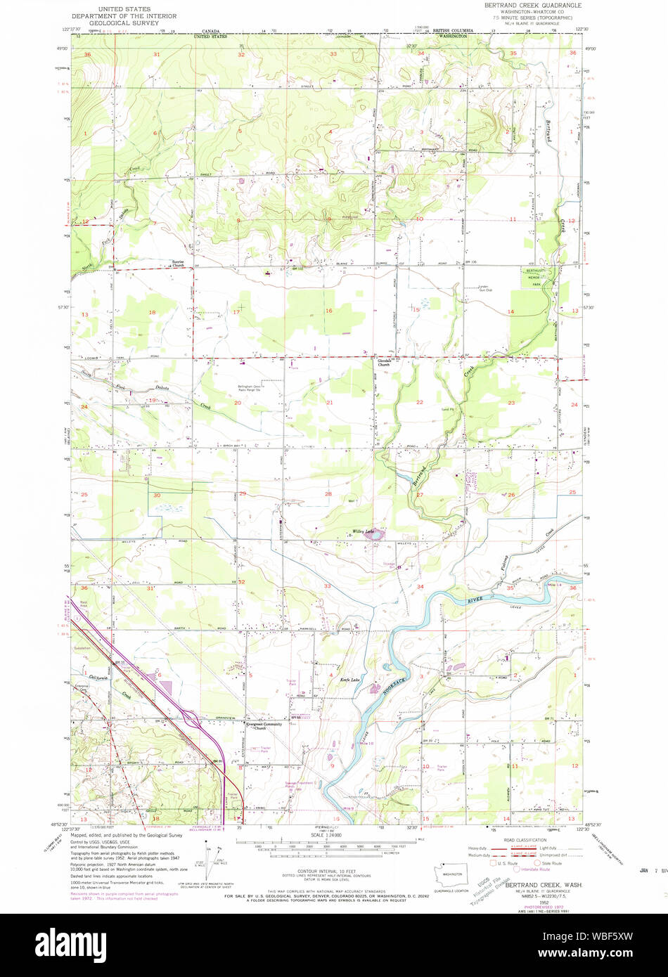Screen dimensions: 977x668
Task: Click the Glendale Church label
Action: pyautogui.click(x=383, y=363)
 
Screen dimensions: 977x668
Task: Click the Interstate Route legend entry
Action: pyautogui.click(x=534, y=869)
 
